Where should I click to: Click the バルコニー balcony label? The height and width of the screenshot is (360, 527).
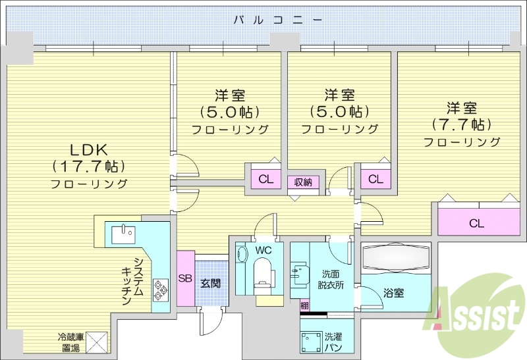click(279, 20)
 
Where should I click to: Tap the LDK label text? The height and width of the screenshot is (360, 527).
click(89, 149)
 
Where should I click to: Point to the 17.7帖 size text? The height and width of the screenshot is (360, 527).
click(89, 166)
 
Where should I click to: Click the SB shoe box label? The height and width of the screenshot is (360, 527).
click(185, 279)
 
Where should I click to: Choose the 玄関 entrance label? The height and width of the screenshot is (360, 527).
click(211, 283)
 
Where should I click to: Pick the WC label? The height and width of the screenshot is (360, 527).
click(263, 251)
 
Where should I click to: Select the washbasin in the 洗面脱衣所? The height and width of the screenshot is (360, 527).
click(301, 272)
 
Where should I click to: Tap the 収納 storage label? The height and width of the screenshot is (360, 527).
click(303, 181)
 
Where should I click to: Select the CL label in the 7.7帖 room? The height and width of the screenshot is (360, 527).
click(476, 223)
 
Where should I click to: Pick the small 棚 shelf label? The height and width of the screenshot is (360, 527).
click(304, 305)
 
